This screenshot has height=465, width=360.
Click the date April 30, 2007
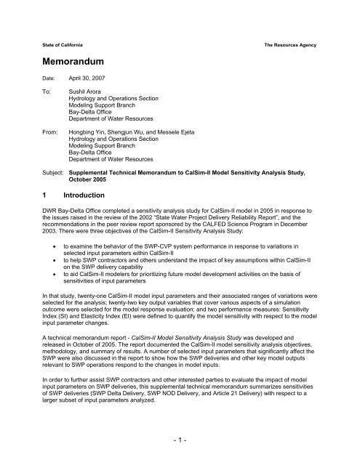87,82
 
